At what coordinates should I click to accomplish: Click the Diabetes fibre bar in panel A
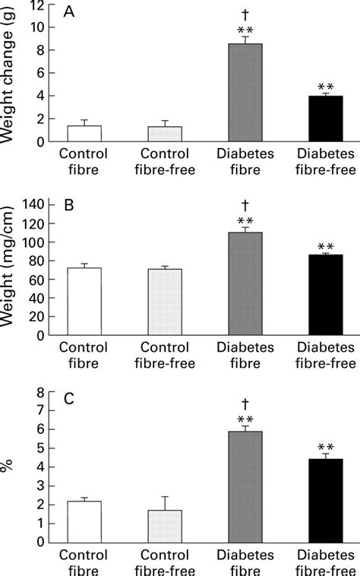click(245, 93)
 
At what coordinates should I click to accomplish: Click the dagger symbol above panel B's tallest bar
click(246, 205)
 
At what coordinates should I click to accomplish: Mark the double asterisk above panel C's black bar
click(325, 448)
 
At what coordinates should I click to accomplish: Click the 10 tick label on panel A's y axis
click(35, 27)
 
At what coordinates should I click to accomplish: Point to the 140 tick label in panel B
click(30, 204)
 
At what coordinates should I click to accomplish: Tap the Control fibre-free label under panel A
click(165, 160)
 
